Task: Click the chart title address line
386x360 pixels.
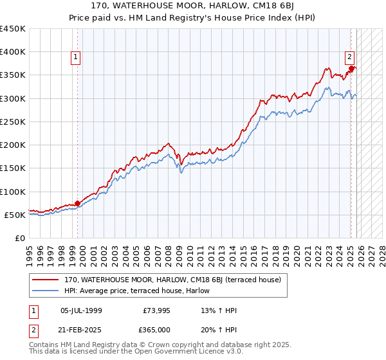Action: [192, 6]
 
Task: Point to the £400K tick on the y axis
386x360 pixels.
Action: [13, 52]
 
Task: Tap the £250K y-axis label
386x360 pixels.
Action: [13, 122]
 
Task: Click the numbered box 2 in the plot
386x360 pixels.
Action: [349, 56]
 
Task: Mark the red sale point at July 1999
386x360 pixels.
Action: [77, 203]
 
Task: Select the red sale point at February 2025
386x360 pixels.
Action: [351, 68]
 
